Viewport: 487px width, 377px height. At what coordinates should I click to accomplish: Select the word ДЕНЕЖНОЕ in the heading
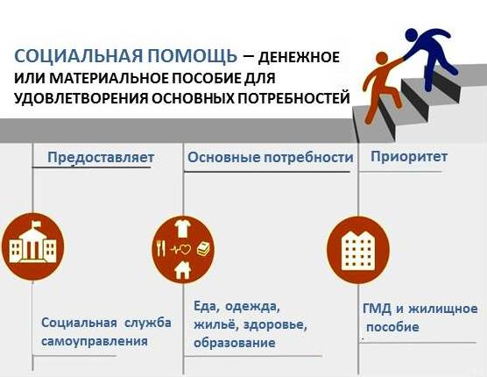click(x=299, y=58)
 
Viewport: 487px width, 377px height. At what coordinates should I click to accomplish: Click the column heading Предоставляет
click(x=101, y=157)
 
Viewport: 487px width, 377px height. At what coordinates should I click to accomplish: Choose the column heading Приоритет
click(x=409, y=157)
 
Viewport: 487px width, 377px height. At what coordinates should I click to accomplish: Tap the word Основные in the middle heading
click(x=223, y=157)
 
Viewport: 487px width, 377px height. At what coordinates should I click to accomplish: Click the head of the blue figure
click(x=412, y=35)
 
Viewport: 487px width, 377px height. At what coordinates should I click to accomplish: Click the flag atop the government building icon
click(x=35, y=224)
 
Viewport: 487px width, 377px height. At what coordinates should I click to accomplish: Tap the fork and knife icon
click(x=160, y=248)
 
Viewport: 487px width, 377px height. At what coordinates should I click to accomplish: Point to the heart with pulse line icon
click(x=180, y=249)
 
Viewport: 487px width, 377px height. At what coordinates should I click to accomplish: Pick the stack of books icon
click(x=203, y=249)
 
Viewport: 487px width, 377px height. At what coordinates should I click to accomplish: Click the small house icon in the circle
click(x=182, y=270)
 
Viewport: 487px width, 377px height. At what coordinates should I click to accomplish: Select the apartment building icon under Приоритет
click(x=357, y=250)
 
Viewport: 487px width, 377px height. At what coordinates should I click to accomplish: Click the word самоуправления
click(x=95, y=341)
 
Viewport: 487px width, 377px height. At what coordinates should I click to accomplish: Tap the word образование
click(x=235, y=343)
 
